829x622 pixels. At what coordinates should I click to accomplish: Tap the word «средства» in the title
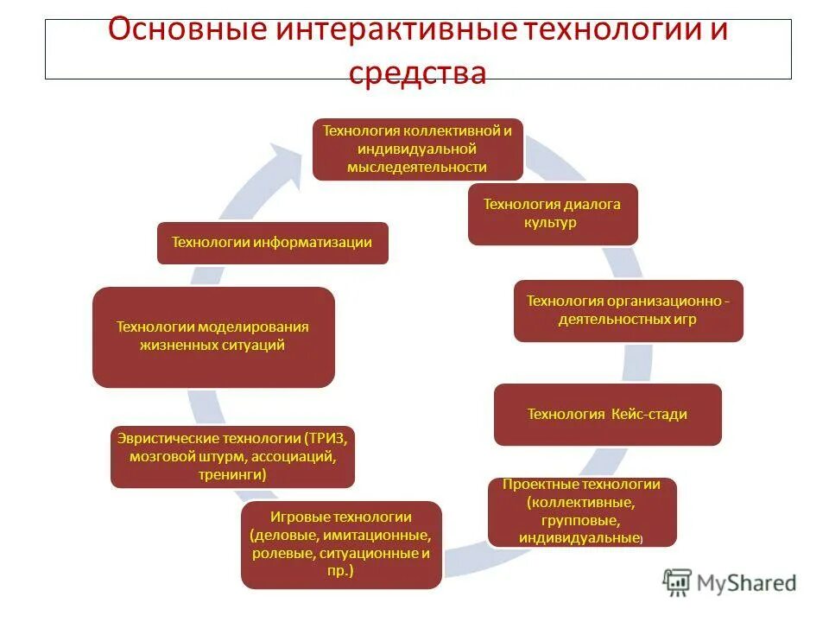pos(418,73)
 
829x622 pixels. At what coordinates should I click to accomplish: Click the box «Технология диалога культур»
pos(553,213)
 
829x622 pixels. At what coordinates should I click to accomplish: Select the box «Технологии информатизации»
pos(272,243)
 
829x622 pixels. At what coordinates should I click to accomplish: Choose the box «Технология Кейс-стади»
pos(607,415)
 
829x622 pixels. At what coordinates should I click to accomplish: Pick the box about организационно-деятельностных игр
pos(628,310)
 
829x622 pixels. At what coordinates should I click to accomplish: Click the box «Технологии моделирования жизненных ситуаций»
pos(213,337)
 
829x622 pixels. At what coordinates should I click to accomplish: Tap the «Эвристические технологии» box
pos(233,456)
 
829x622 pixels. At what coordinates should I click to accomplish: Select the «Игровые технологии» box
pos(341,544)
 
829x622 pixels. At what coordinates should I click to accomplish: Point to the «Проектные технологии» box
pos(581,511)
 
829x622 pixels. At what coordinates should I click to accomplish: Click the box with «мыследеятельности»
pos(417,149)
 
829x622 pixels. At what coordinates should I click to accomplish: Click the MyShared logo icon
pos(678,583)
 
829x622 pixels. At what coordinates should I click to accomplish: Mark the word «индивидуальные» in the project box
pos(577,538)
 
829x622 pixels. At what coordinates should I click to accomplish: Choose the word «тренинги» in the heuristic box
pos(231,475)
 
